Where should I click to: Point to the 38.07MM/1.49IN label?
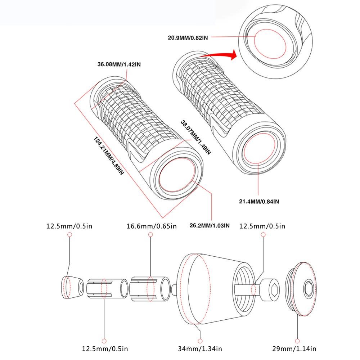195,137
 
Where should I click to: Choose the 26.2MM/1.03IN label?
210,226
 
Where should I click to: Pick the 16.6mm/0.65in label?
152,226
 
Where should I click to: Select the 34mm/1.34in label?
200,348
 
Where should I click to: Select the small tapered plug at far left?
72,287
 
